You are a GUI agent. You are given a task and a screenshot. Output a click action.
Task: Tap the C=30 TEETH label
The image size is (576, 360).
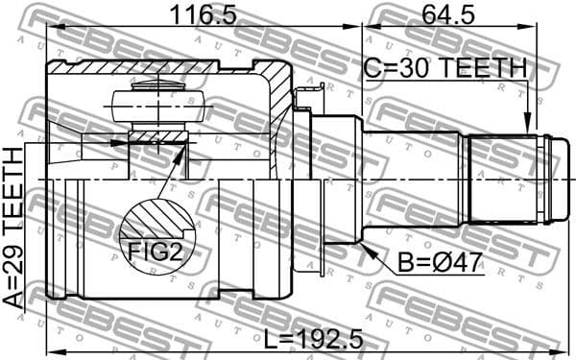[x=445, y=68]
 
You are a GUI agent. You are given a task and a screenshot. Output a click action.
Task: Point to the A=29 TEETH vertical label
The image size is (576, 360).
[x=13, y=228]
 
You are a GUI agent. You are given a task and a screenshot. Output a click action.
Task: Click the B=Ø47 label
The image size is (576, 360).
[x=432, y=261]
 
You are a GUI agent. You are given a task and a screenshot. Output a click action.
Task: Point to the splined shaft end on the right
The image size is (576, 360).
[x=509, y=180]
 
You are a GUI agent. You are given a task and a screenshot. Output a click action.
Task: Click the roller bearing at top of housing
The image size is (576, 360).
[x=157, y=103]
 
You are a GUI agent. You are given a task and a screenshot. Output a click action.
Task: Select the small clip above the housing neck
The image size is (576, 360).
[x=308, y=95]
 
